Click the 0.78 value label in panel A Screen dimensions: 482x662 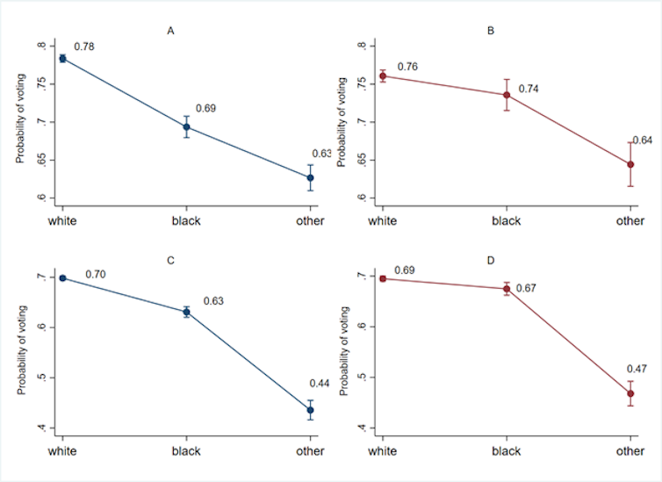[84, 46]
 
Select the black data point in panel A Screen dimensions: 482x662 [186, 126]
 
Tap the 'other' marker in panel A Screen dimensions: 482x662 [310, 177]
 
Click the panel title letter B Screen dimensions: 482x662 [491, 32]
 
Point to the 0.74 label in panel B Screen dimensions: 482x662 [529, 89]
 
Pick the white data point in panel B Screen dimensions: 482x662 [382, 76]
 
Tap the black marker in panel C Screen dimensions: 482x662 [186, 312]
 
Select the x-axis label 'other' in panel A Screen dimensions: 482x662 [310, 220]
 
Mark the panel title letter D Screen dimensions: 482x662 [491, 261]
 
